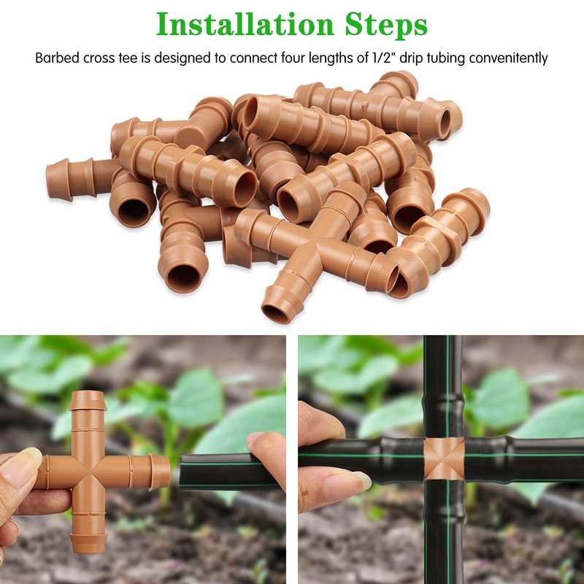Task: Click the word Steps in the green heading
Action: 386,25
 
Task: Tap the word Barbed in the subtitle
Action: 58,58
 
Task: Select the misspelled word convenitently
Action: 508,58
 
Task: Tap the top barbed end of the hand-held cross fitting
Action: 88,400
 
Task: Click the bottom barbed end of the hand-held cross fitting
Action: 88,542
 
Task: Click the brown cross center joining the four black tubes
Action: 444,459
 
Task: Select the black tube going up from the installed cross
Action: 444,387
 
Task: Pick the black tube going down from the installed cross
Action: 445,532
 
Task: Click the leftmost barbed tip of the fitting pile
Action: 58,179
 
